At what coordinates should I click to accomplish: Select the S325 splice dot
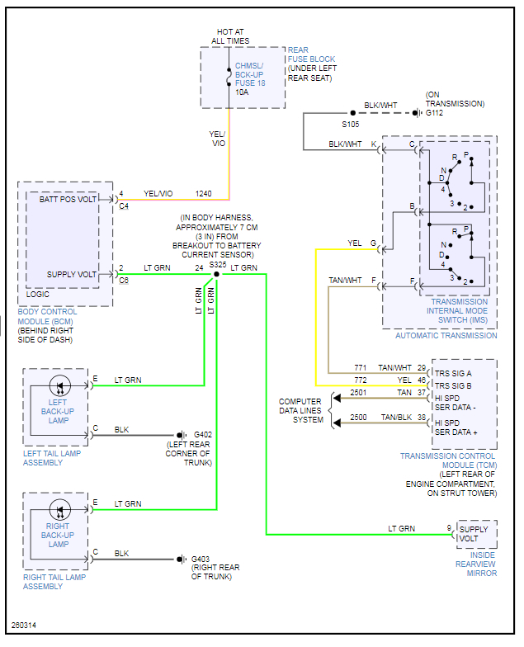[216, 274]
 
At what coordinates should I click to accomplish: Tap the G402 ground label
[202, 435]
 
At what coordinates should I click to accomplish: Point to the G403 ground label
[202, 559]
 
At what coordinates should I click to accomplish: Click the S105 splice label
[352, 124]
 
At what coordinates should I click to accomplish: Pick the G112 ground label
[436, 113]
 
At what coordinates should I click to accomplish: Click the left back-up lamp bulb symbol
[59, 385]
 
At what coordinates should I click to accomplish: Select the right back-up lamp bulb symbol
[59, 508]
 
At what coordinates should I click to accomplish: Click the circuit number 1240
[203, 194]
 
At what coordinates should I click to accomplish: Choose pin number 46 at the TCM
[422, 380]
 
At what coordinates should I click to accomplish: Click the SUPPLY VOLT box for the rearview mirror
[477, 534]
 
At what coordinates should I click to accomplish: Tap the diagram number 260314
[24, 625]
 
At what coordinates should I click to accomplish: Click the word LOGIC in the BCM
[39, 294]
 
